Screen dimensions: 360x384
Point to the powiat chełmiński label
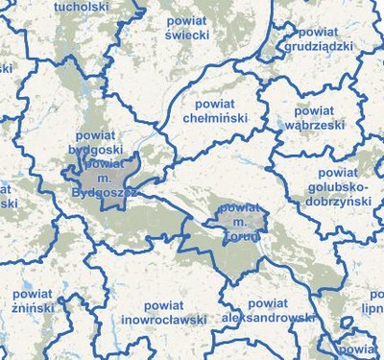[216, 109]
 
